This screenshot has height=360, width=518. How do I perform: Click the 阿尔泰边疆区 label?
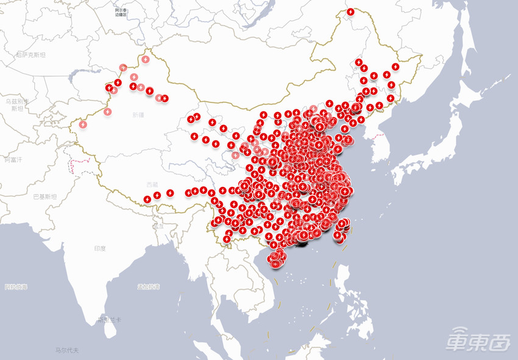(x=120, y=12)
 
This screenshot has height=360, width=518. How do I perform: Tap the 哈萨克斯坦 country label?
(x=30, y=54)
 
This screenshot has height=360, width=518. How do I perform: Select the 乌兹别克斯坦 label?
(x=15, y=104)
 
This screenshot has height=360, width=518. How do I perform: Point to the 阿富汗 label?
(x=13, y=160)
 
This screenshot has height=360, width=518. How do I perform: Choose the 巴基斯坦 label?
(x=44, y=196)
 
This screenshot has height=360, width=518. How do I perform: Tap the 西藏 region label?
(x=152, y=184)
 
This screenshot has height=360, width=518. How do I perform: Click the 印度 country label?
(x=100, y=249)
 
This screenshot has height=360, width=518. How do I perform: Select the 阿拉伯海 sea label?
(x=16, y=286)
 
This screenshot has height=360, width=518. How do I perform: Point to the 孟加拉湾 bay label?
(x=148, y=286)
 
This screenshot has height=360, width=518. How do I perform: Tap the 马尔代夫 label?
(x=66, y=350)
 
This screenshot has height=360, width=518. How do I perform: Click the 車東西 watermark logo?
(x=478, y=340)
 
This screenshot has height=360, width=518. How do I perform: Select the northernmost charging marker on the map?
(x=350, y=12)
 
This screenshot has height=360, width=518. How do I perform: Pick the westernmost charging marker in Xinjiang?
(x=83, y=124)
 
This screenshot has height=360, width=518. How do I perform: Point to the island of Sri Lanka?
(x=109, y=329)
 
